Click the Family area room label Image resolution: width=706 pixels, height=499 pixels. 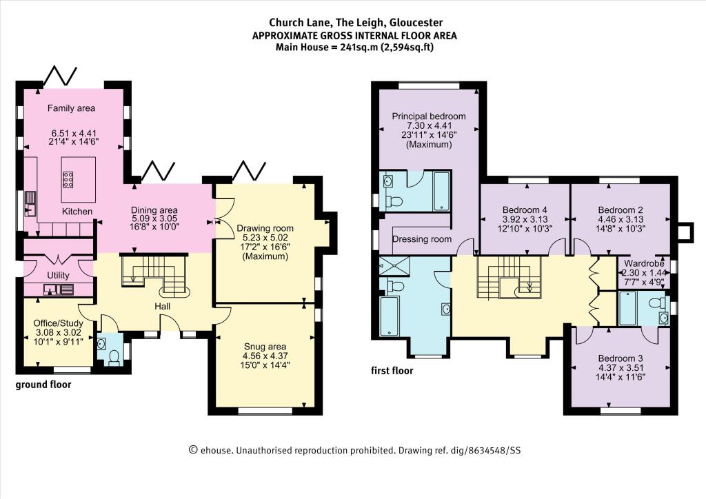tap(71, 108)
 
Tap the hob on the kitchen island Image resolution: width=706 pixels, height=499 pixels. tap(69, 179)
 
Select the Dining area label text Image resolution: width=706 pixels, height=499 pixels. tap(154, 210)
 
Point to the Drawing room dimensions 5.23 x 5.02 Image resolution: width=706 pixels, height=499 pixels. tap(265, 238)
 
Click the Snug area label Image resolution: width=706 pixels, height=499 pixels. tap(265, 347)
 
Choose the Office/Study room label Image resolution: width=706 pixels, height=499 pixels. tap(59, 323)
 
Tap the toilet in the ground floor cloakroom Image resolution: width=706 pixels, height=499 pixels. tap(114, 358)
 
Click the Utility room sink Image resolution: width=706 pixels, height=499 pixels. tap(59, 289)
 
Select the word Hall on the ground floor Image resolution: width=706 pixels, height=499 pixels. tap(163, 307)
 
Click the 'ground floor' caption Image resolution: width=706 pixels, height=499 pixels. tap(43, 385)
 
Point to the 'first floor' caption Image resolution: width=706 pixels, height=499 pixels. tap(392, 371)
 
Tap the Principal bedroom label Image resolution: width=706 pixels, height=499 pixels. tap(429, 116)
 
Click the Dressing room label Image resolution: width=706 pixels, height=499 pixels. tap(422, 239)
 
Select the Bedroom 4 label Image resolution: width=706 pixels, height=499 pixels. tap(525, 210)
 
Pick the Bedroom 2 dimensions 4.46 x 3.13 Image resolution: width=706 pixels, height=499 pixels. tap(621, 219)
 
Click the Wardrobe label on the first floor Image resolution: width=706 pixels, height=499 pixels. tap(644, 263)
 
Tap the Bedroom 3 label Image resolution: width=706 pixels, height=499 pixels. tap(621, 358)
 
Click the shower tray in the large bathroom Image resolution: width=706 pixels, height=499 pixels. tap(394, 265)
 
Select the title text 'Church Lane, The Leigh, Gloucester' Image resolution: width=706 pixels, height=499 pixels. tap(356, 23)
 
